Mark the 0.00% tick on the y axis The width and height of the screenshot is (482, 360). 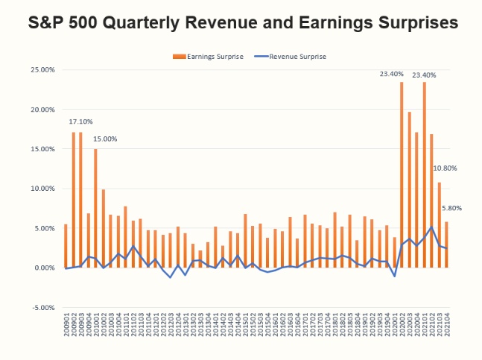click(42, 268)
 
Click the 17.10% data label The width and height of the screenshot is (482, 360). click(81, 121)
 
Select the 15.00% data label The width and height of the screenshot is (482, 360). click(105, 139)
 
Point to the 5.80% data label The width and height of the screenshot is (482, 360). click(452, 208)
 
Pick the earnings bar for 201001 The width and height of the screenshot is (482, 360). click(95, 209)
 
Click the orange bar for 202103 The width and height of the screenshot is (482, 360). click(440, 224)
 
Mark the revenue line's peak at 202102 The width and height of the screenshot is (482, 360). click(432, 227)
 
